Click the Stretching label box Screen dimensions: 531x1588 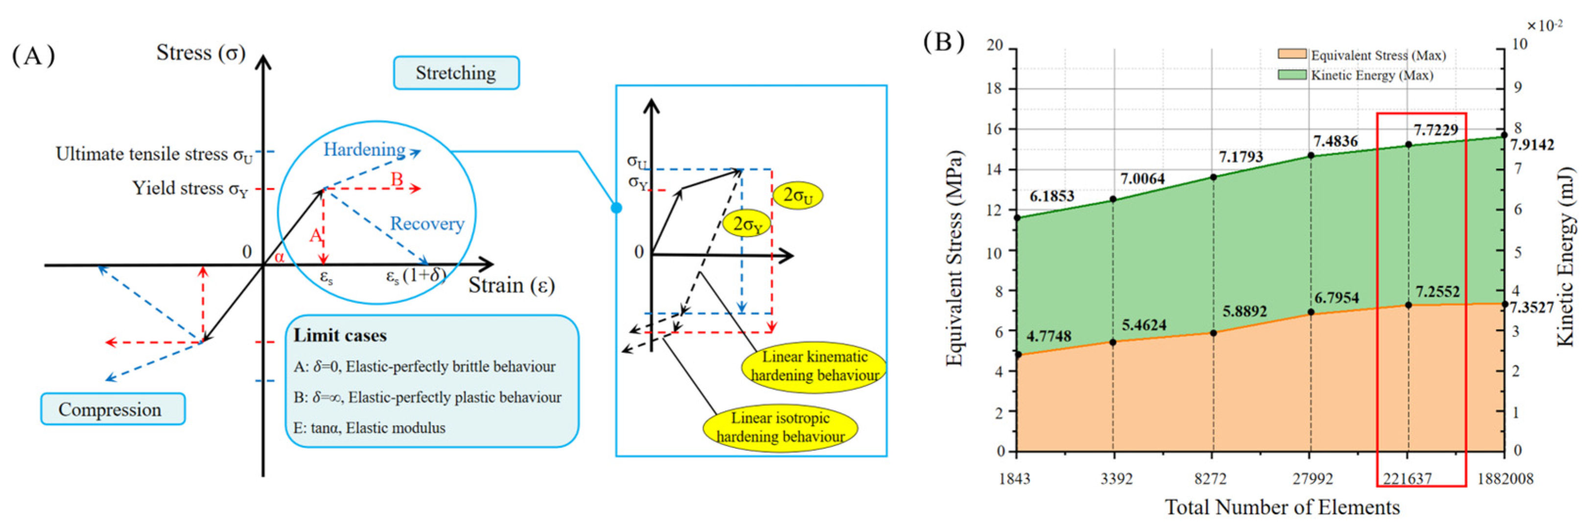[x=456, y=73]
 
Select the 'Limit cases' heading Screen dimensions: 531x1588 [x=340, y=336]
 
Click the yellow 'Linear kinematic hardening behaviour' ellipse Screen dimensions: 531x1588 [x=815, y=366]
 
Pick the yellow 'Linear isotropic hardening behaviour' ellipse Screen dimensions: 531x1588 [x=780, y=427]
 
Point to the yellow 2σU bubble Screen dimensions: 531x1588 [x=798, y=195]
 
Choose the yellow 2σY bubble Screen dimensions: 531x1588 [x=747, y=224]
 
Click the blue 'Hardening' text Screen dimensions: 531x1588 [x=364, y=149]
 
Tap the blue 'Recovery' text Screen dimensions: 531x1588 [x=426, y=223]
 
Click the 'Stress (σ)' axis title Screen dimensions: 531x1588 [x=201, y=53]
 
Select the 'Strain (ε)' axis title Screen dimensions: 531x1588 [x=512, y=286]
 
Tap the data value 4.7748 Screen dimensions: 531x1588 [x=1049, y=336]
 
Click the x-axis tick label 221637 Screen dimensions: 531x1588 [x=1407, y=479]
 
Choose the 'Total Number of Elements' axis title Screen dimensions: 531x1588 [x=1282, y=507]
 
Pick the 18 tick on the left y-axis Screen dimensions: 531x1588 [x=994, y=88]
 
